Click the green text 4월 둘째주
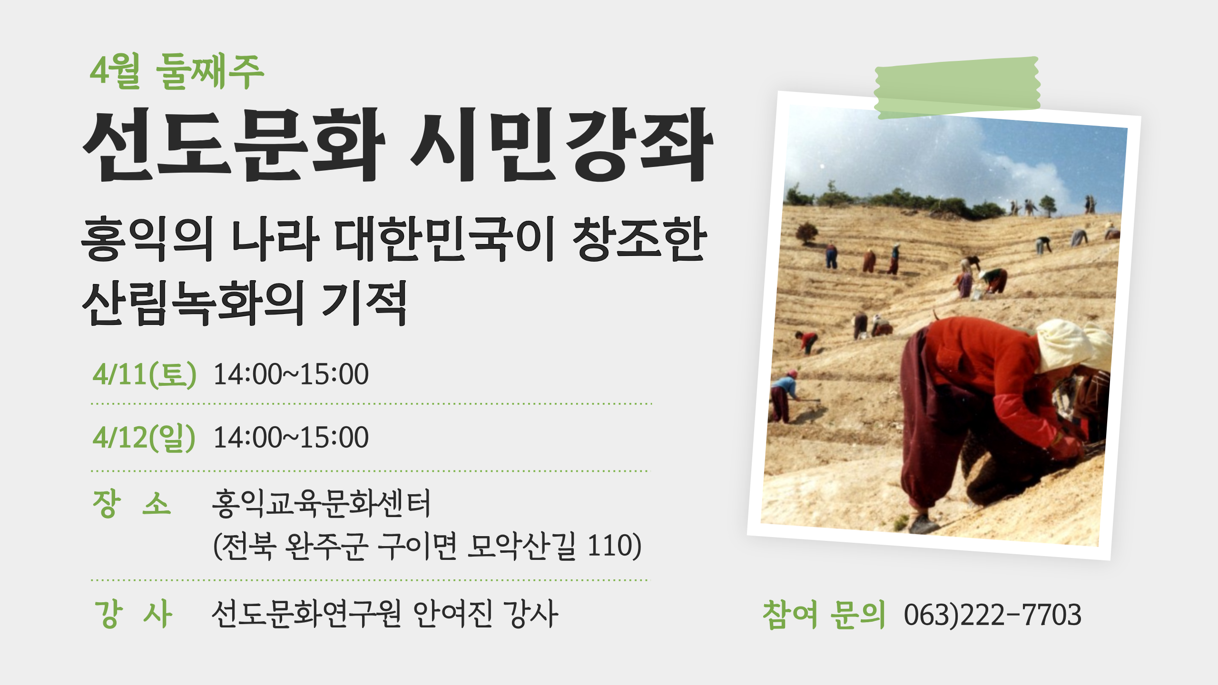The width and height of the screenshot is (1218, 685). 177,72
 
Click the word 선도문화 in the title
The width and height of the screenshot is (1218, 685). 233,145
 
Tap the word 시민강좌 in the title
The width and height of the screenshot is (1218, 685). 561,145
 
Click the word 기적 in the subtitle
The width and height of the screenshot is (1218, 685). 364,303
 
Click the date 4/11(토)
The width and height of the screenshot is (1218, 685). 144,374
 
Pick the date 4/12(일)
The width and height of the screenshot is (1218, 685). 144,438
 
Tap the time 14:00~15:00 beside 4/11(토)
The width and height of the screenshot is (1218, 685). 291,374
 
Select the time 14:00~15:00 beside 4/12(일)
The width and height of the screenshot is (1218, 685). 291,438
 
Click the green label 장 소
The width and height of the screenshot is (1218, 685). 132,503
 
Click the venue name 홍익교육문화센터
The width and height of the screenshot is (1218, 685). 321,503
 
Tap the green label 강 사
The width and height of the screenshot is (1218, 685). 133,614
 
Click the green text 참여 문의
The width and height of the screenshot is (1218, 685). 824,615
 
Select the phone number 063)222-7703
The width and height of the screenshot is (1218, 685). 992,615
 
